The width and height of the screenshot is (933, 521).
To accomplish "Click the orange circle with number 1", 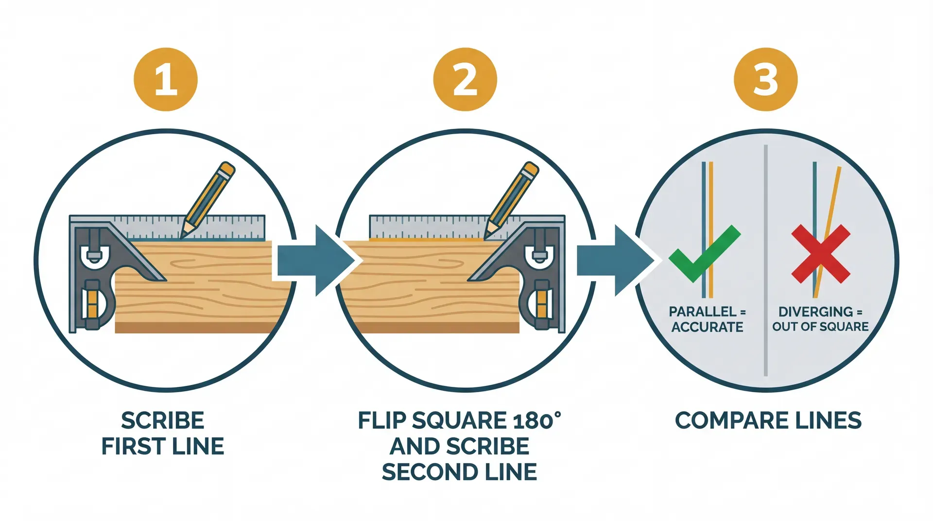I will pyautogui.click(x=166, y=79).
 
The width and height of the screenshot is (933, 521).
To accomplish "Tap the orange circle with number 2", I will pyautogui.click(x=465, y=79).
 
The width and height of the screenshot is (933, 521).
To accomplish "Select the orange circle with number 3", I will pyautogui.click(x=765, y=79).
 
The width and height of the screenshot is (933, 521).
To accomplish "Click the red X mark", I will pyautogui.click(x=820, y=254).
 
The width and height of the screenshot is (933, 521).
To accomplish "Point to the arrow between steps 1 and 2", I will pyautogui.click(x=315, y=260).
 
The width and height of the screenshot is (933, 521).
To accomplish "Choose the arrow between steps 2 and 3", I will pyautogui.click(x=614, y=260).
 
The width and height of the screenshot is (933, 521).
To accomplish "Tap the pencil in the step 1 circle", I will pyautogui.click(x=208, y=199).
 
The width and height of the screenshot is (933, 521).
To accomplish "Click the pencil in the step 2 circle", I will pyautogui.click(x=511, y=199).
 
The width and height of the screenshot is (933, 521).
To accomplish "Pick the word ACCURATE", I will pyautogui.click(x=707, y=327).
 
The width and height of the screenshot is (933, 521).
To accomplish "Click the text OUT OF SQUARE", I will pyautogui.click(x=820, y=327).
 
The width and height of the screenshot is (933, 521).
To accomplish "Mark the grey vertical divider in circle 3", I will pyautogui.click(x=765, y=340).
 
